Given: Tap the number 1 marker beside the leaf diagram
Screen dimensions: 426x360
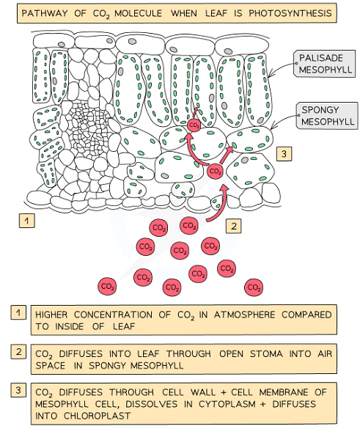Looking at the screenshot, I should pos(27,220).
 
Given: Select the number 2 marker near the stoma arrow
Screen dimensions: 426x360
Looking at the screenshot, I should pos(232,226).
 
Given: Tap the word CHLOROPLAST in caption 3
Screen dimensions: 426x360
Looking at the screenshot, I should pos(78,415).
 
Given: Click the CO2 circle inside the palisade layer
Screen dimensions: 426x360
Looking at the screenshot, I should pos(194,125).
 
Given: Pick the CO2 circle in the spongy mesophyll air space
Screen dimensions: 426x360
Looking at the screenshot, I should pos(215,172).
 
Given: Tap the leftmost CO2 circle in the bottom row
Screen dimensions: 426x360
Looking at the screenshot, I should pos(108,285).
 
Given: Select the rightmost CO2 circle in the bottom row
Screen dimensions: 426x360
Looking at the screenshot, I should pos(254,286).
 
